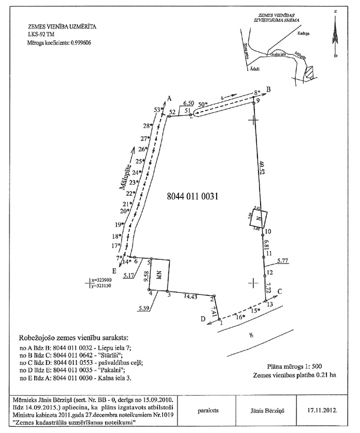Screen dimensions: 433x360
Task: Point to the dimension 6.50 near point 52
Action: (x=189, y=104)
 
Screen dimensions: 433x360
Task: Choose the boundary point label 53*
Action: (x=157, y=110)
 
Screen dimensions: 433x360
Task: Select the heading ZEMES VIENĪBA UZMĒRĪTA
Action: (x=58, y=26)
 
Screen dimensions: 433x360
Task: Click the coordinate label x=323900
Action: (x=109, y=280)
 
